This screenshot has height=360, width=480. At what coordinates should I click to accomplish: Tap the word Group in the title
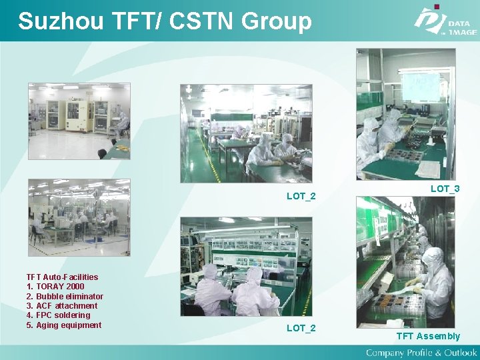tap(276, 22)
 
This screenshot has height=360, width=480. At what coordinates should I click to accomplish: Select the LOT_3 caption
tap(445, 189)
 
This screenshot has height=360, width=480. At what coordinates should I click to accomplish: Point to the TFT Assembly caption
tap(428, 336)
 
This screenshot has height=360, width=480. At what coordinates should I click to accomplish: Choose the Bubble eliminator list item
tap(69, 296)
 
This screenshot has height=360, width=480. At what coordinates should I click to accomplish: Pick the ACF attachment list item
tap(66, 306)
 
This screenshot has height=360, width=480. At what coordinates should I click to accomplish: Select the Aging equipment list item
tap(68, 325)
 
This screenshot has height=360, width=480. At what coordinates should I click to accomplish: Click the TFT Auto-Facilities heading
tap(62, 277)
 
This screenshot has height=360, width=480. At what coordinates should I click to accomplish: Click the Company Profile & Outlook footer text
tap(421, 352)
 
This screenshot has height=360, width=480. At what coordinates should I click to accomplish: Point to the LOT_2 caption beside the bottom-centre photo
tap(301, 328)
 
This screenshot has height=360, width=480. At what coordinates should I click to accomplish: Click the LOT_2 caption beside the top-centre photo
tap(301, 196)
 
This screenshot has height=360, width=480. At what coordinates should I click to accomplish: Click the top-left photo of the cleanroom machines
tap(79, 121)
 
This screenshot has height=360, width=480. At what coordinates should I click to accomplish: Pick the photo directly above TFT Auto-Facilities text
tap(79, 217)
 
